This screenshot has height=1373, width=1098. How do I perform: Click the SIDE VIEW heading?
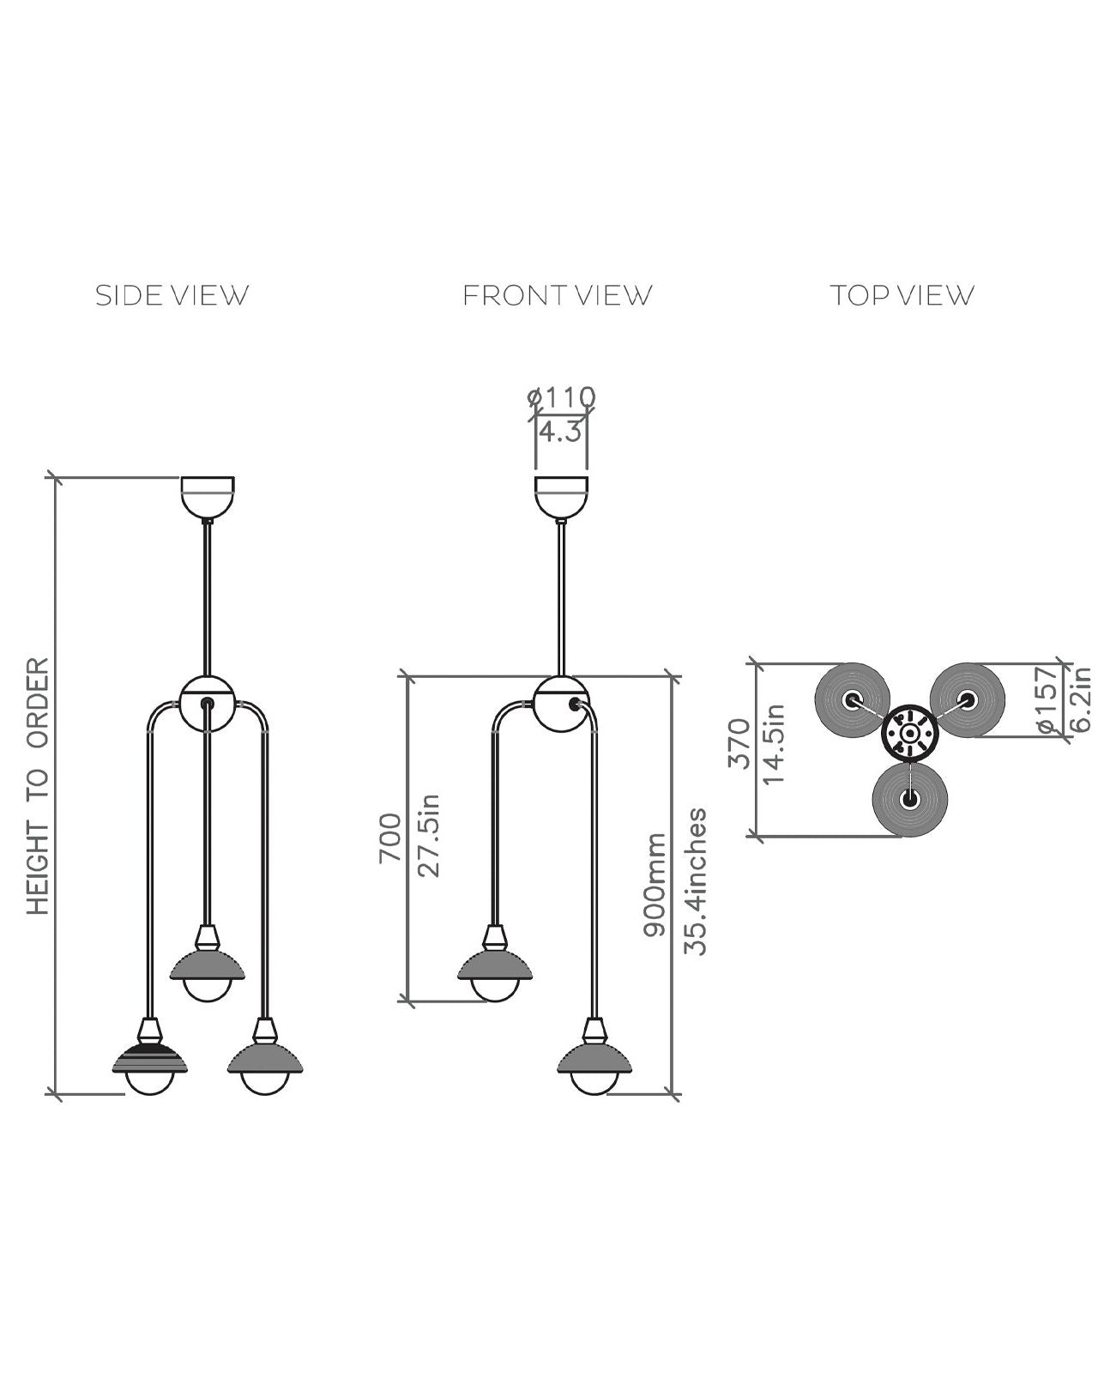[172, 295]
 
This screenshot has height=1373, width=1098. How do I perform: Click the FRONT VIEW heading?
[558, 295]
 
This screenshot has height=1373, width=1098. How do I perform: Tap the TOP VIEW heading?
[902, 295]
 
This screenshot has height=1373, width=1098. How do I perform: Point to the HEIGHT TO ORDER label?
[39, 785]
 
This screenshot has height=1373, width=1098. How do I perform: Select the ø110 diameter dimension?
[562, 397]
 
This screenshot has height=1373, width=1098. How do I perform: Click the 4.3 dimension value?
[560, 431]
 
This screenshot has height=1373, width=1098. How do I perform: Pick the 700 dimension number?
[390, 838]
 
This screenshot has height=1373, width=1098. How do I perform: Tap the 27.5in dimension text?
[429, 835]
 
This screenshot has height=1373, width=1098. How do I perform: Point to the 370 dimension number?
[739, 743]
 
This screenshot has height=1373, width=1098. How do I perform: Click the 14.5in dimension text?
[775, 743]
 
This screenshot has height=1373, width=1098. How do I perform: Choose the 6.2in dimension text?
[1081, 700]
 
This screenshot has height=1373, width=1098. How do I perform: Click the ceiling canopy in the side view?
[207, 496]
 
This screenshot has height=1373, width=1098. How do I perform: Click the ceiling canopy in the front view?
[561, 496]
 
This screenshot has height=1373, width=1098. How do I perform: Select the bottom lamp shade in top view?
[908, 799]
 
